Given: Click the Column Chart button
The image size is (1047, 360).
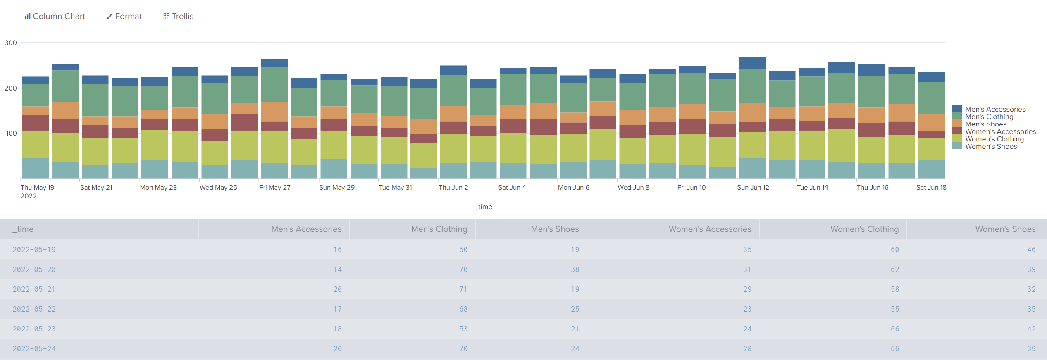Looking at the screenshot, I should pos(55,16).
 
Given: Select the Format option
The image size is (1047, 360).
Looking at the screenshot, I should pos(124,16).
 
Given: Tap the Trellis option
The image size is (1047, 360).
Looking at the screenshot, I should pos(178,16).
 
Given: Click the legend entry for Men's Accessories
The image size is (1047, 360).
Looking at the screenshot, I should pos(995,109).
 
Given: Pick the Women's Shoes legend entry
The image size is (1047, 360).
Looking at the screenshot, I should pos(991,146).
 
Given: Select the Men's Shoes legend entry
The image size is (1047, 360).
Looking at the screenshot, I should pos(985,124).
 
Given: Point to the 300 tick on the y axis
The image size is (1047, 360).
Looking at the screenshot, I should pos(10,43).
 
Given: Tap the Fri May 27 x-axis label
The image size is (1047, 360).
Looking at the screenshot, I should pos(274,187).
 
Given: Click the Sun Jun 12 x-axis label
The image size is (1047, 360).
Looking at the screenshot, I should pos(753,187).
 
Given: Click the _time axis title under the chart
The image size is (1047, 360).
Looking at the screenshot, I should pos(483,207).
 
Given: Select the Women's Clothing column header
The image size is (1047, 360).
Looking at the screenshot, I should pos(864,229).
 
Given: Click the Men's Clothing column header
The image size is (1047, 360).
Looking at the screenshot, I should pos(439,229).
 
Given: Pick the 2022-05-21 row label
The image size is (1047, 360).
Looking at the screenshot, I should pos(34,289).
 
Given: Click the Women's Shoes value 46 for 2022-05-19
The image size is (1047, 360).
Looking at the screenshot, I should pos(1031,250).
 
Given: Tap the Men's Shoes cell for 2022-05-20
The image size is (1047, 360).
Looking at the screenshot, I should pos(575,269).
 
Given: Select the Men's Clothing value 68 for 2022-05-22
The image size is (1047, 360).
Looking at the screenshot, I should pos(463,309).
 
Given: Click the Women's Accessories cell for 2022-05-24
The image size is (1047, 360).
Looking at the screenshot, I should pos(747,349).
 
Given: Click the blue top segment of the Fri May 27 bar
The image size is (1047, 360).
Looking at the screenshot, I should pos(274,63).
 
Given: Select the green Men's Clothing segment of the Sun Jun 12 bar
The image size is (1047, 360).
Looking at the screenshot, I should pos(752,86).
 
